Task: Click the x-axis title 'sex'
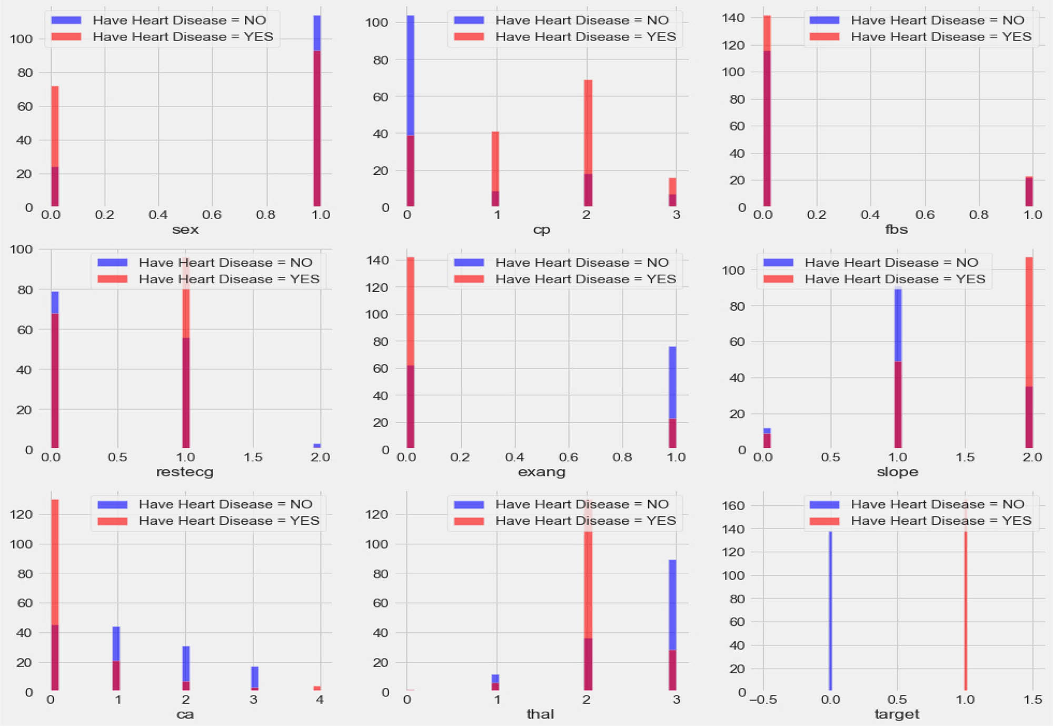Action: [185, 230]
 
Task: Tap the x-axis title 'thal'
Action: [540, 714]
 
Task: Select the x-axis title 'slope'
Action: [897, 472]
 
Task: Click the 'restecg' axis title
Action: [185, 472]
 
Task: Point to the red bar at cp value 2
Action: [588, 126]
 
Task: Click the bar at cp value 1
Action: [495, 168]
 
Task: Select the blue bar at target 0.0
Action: [830, 611]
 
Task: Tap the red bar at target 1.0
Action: [966, 611]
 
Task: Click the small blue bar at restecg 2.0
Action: [317, 446]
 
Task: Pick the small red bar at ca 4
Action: [317, 688]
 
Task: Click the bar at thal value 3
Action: [672, 626]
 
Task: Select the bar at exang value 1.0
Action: [672, 397]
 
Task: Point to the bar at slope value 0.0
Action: [767, 439]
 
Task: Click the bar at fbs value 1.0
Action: [1029, 192]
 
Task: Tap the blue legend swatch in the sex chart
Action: [66, 20]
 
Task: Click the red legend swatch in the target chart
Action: [824, 521]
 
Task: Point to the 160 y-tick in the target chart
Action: [733, 505]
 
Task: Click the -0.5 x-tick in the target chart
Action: [762, 700]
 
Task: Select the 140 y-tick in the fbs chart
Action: [733, 18]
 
